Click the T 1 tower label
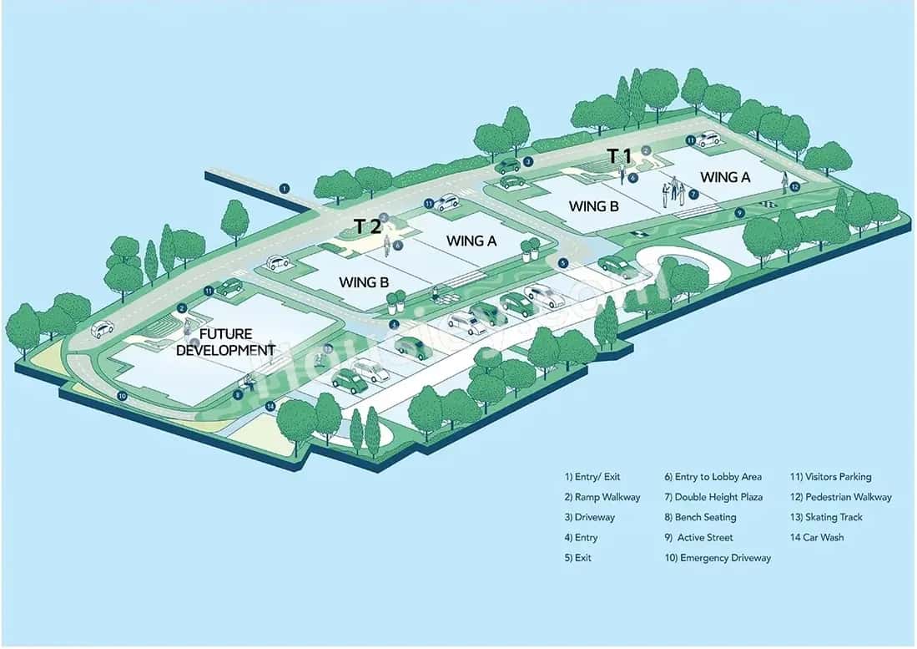[x=618, y=155]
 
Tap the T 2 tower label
[x=367, y=226]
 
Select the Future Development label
[x=225, y=342]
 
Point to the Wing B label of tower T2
[x=364, y=282]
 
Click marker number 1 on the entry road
[x=285, y=188]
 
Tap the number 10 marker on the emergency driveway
[x=122, y=396]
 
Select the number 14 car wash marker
[x=270, y=406]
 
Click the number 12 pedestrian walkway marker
[x=794, y=187]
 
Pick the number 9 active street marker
[x=739, y=213]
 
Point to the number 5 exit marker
[x=563, y=263]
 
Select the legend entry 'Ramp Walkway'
[x=602, y=497]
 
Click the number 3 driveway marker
[x=528, y=162]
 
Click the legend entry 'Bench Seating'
[x=700, y=517]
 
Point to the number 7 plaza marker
[x=693, y=195]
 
